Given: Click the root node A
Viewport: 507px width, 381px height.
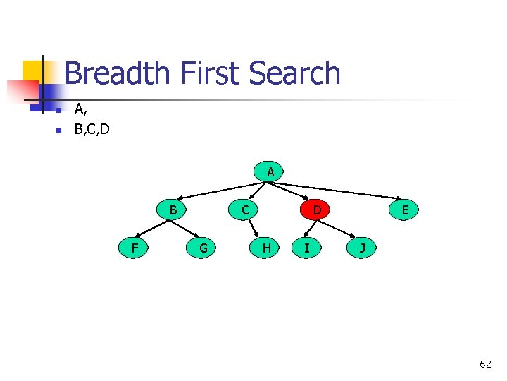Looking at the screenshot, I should tap(270, 171).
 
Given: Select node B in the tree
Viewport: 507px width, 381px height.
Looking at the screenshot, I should tap(173, 210).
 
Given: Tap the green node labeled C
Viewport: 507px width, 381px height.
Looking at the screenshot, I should tap(244, 210).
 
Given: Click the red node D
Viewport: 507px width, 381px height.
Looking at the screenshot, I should tap(317, 210).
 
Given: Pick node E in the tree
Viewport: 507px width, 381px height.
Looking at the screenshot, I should tap(405, 210).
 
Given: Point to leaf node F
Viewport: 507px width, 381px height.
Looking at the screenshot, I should tap(134, 248).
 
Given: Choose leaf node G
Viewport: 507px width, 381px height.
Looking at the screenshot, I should tap(203, 248).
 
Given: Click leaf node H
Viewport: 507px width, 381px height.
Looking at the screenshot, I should tap(266, 248).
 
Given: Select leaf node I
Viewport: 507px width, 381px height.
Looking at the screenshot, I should tap(306, 248).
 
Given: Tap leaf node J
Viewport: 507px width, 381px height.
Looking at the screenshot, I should tap(362, 248).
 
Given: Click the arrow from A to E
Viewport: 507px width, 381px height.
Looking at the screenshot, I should tap(338, 190).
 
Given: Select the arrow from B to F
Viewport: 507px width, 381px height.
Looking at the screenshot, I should tap(153, 229).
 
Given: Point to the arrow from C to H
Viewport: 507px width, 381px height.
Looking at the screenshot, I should tap(254, 229).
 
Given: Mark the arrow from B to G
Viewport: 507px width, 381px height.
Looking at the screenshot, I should tap(188, 229).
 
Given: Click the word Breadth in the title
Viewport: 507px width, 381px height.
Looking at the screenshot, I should tap(117, 73).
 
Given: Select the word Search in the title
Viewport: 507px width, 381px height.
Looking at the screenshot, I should tap(295, 73).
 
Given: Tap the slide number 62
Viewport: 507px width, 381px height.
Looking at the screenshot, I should tap(485, 364).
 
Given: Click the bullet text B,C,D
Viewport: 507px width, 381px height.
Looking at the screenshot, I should tap(92, 130).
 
